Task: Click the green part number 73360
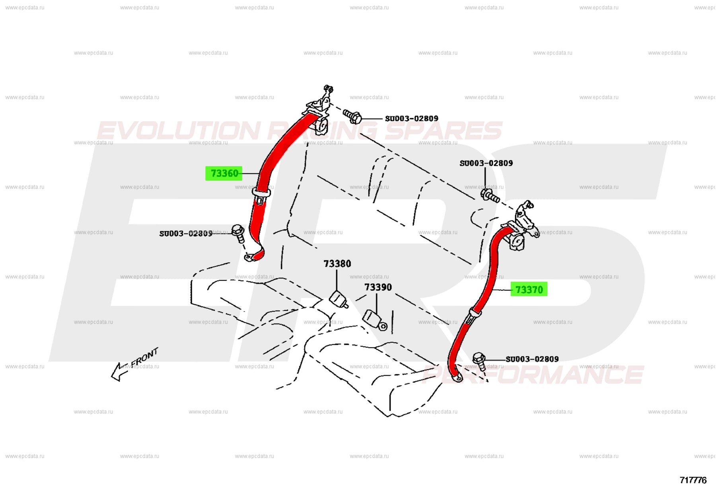point(224,173)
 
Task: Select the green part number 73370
point(529,289)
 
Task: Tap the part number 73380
point(337,264)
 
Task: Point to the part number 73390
point(378,287)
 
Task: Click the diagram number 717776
point(693,480)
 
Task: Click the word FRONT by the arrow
point(144,357)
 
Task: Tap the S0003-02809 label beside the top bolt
point(411,119)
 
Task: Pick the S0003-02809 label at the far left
point(186,234)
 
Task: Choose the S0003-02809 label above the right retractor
point(486,163)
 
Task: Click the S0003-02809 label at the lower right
point(532,359)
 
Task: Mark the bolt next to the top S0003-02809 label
point(352,116)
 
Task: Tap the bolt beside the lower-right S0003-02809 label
point(480,360)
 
